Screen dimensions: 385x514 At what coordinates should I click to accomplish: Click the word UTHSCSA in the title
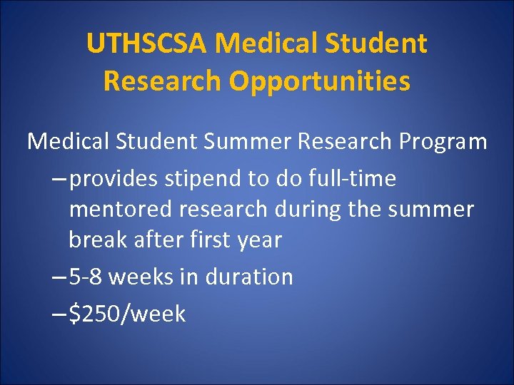146,44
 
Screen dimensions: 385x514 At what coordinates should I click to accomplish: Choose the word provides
114,178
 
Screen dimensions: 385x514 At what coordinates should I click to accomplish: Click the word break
96,240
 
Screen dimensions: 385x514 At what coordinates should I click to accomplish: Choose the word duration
249,277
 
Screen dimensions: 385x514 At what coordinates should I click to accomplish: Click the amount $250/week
127,314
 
